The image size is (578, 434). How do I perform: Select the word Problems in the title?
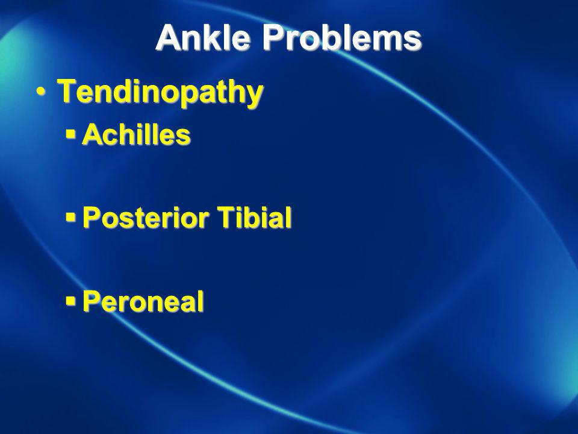click(x=342, y=37)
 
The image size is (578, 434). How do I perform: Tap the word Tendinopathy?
click(x=160, y=92)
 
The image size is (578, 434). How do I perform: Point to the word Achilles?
click(x=136, y=134)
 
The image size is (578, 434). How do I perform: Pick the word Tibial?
click(x=254, y=217)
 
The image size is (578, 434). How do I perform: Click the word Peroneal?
click(x=143, y=301)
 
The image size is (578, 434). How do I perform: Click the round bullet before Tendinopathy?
click(x=41, y=92)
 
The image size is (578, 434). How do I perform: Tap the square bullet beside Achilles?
click(x=70, y=134)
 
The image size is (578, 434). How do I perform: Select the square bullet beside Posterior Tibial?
click(x=70, y=217)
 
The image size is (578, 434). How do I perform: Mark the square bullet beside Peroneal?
click(x=70, y=301)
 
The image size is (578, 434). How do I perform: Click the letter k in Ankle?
click(x=213, y=37)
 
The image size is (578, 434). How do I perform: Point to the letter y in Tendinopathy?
click(x=253, y=96)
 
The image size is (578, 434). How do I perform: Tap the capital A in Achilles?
click(x=93, y=134)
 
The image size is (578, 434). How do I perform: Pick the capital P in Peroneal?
click(x=92, y=301)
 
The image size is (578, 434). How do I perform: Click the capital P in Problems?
click(x=275, y=37)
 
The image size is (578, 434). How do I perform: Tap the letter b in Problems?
click(x=337, y=37)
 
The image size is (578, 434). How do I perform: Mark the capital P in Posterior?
click(x=92, y=217)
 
